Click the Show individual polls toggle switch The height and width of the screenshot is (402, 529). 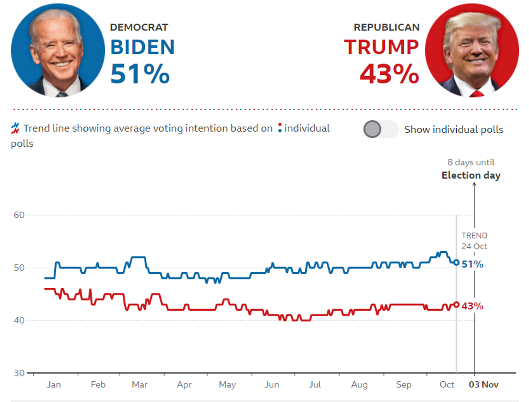[380, 130]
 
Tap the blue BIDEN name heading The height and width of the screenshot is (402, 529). [142, 47]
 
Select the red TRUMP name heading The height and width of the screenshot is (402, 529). [381, 47]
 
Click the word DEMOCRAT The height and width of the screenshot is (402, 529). [139, 27]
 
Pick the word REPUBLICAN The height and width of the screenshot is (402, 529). [387, 27]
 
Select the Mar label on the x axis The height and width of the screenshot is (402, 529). [140, 385]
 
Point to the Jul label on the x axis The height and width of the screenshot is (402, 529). [315, 385]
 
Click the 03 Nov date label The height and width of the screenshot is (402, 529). [483, 385]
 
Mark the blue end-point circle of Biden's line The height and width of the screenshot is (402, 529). [456, 263]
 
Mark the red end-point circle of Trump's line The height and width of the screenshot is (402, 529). [456, 304]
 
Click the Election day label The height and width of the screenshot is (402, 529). [471, 175]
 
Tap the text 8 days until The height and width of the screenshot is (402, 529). [471, 163]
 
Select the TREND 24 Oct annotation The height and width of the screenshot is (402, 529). [474, 241]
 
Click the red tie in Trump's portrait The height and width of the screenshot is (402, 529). [477, 94]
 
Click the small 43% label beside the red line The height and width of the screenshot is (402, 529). [472, 306]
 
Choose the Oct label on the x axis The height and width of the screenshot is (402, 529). [447, 385]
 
